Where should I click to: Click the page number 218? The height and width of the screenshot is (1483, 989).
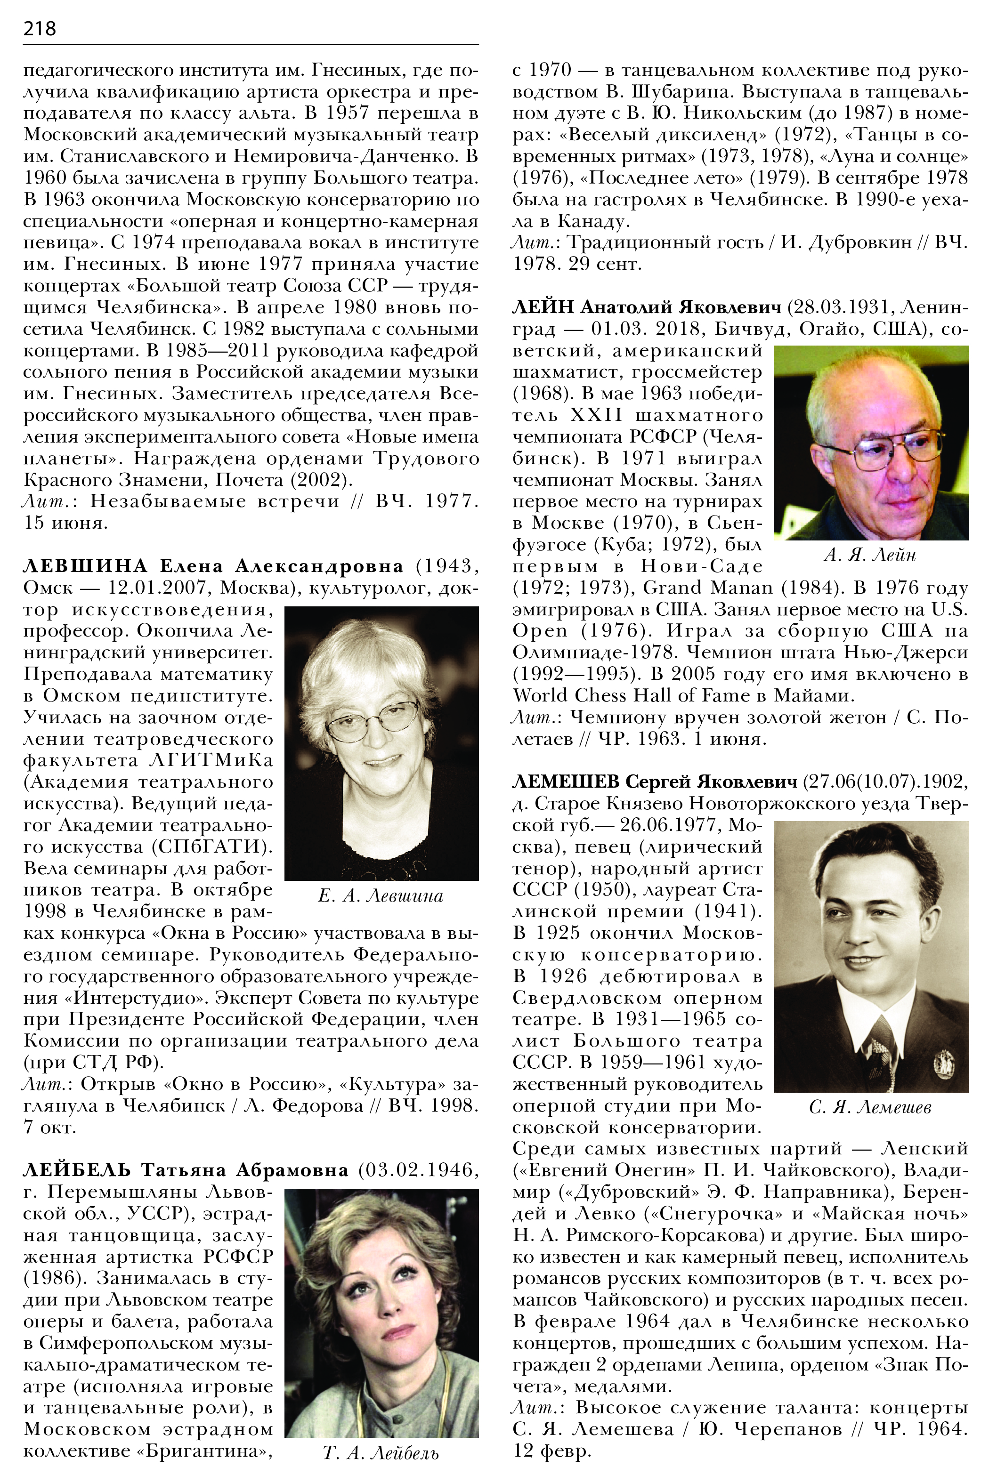pyautogui.click(x=39, y=28)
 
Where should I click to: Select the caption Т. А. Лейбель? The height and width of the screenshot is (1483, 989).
pyautogui.click(x=381, y=1453)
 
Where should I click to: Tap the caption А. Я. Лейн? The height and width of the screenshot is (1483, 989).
pyautogui.click(x=870, y=555)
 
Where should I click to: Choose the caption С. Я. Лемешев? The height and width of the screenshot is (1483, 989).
pyautogui.click(x=870, y=1107)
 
